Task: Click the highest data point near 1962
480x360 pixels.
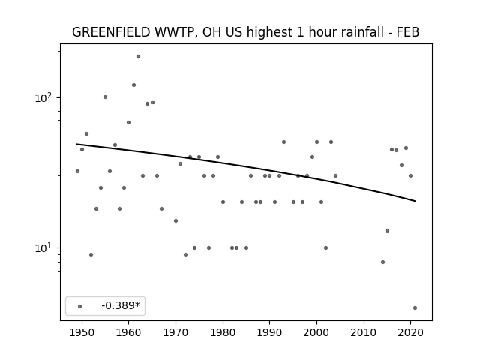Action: [x=138, y=57]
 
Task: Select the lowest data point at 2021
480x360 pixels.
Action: [x=415, y=308]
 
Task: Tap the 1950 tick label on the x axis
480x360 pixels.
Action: [x=82, y=332]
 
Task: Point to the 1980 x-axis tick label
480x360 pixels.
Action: [x=223, y=332]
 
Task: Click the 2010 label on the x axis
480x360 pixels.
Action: [x=364, y=332]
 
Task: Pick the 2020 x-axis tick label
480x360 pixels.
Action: [x=410, y=332]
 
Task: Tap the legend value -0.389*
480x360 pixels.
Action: [x=121, y=305]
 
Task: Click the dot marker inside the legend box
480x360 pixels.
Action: [x=80, y=306]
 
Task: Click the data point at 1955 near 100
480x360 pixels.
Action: [x=105, y=97]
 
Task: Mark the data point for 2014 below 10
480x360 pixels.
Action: [x=382, y=262]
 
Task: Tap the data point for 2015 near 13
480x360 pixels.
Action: [x=387, y=230]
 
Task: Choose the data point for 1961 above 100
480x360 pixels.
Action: [x=133, y=85]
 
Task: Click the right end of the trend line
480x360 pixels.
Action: [x=415, y=201]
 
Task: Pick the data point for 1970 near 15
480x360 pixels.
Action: [x=175, y=220]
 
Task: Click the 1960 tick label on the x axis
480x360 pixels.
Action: [x=128, y=332]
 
